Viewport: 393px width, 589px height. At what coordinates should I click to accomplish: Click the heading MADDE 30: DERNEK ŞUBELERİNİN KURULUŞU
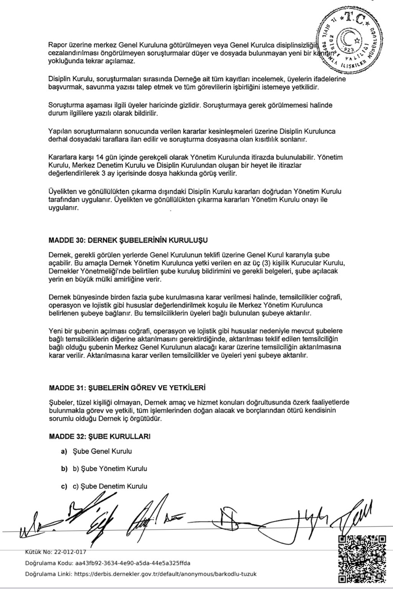(128, 240)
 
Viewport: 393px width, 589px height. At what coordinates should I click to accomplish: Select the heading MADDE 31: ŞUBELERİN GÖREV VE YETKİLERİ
(127, 388)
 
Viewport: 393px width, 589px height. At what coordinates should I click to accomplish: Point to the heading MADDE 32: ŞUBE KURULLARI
(99, 436)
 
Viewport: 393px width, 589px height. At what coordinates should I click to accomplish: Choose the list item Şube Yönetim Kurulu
(110, 469)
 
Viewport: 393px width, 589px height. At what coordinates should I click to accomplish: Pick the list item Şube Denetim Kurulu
(110, 486)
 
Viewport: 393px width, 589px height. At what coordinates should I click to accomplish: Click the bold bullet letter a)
(64, 451)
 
